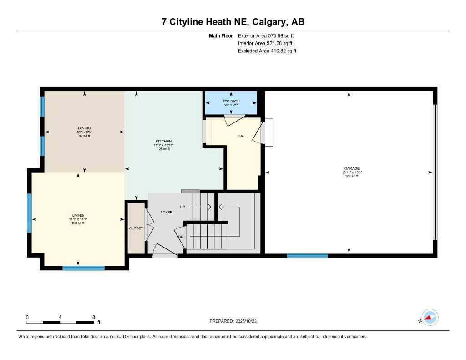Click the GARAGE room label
[x=349, y=168]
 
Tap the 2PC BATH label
[x=231, y=101]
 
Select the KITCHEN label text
[x=163, y=141]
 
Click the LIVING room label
[x=78, y=215]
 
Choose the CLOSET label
[x=136, y=228]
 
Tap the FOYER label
[x=166, y=212]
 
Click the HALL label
[x=242, y=136]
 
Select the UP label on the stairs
[x=183, y=207]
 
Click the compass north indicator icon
[x=430, y=318]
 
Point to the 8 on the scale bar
[x=93, y=317]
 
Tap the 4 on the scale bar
[x=60, y=317]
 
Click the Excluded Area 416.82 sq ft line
[x=267, y=51]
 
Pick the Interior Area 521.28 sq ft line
[x=266, y=43]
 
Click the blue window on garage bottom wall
[x=307, y=255]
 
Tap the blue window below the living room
[x=83, y=268]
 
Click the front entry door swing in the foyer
[x=164, y=251]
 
